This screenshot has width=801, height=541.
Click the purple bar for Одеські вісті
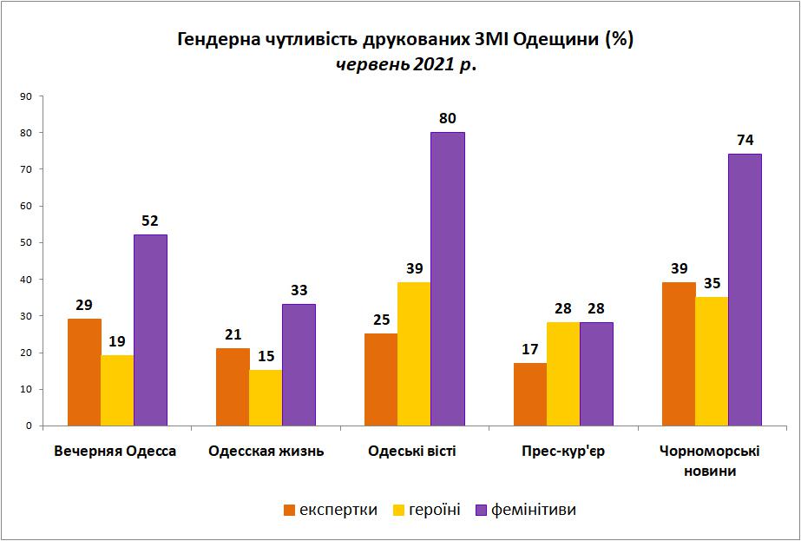(x=448, y=279)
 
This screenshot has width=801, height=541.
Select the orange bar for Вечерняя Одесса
(x=84, y=372)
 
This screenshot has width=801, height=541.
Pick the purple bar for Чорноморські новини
(x=745, y=290)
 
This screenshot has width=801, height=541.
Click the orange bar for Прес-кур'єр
(x=530, y=394)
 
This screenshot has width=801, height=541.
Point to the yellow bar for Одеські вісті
(x=414, y=353)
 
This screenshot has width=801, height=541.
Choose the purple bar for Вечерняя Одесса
(x=150, y=330)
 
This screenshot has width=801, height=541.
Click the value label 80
(x=448, y=119)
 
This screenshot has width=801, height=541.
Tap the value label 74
(x=745, y=141)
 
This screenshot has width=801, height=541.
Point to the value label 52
(x=150, y=221)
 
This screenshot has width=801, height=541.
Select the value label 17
(x=529, y=350)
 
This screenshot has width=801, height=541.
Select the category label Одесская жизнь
(x=266, y=452)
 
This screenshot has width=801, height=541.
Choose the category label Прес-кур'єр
(x=563, y=452)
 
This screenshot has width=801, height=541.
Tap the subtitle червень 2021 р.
(x=405, y=65)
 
